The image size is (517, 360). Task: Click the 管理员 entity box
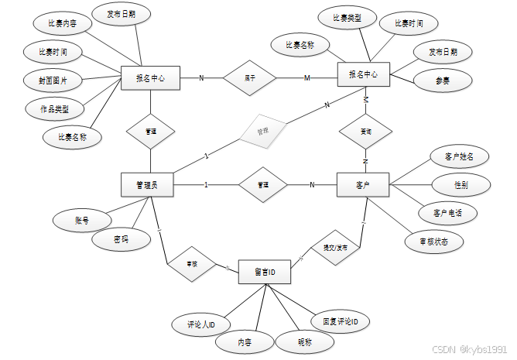(x=147, y=185)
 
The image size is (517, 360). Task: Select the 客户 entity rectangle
(x=362, y=185)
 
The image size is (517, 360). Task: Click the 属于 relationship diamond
(x=249, y=77)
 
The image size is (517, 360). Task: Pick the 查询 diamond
(x=365, y=132)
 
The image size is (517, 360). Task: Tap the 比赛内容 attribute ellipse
(x=63, y=23)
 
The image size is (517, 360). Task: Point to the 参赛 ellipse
(x=443, y=80)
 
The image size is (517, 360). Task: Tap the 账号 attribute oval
(x=82, y=221)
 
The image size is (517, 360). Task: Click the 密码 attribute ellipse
(x=120, y=240)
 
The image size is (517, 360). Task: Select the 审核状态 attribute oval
(x=434, y=241)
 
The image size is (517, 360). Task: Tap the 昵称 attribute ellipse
(x=305, y=341)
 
